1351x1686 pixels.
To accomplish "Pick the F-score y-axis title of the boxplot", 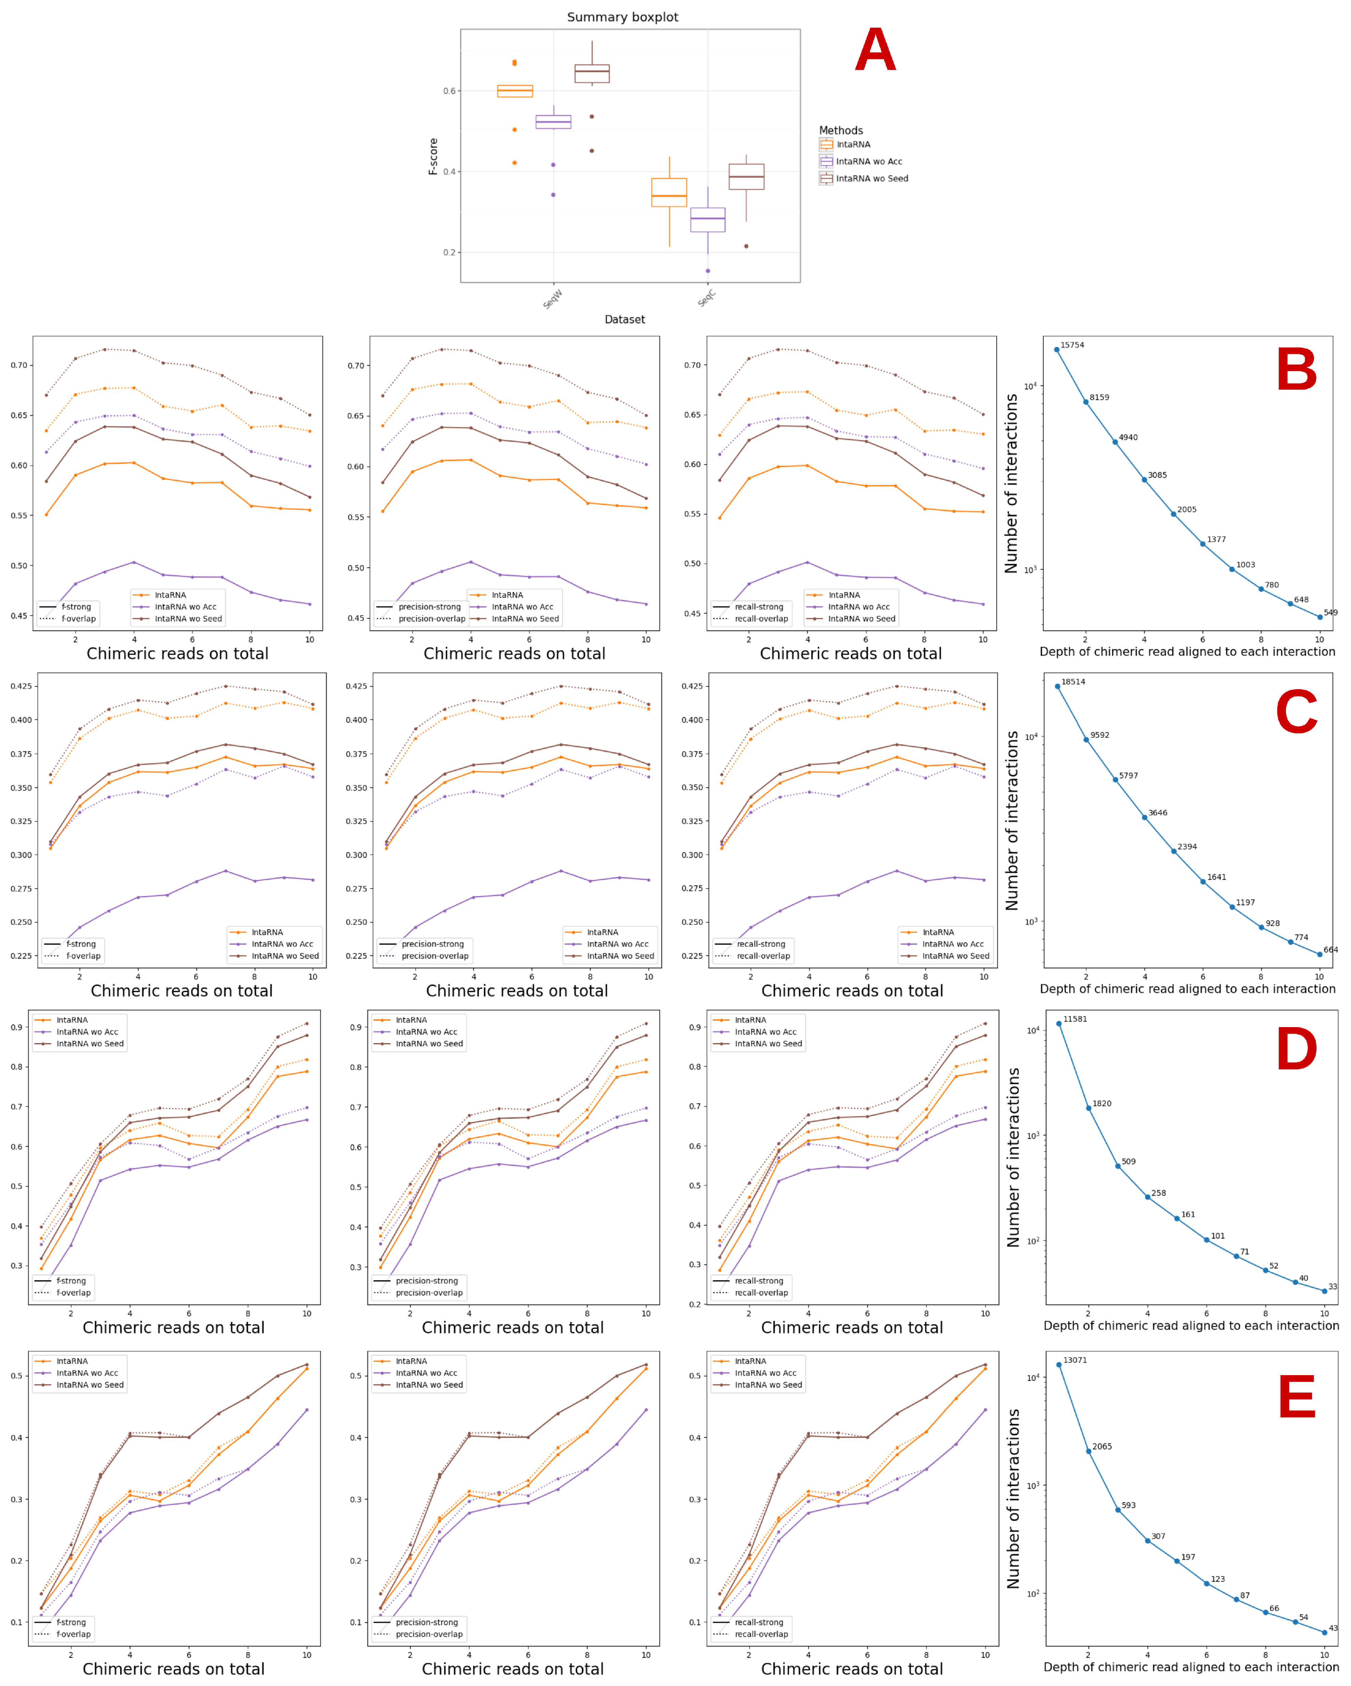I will pos(433,156).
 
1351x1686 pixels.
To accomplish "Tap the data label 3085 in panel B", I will pos(1157,475).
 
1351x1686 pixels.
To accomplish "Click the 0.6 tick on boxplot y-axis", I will pos(450,91).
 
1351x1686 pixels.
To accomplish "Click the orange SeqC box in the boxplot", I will pos(669,192).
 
